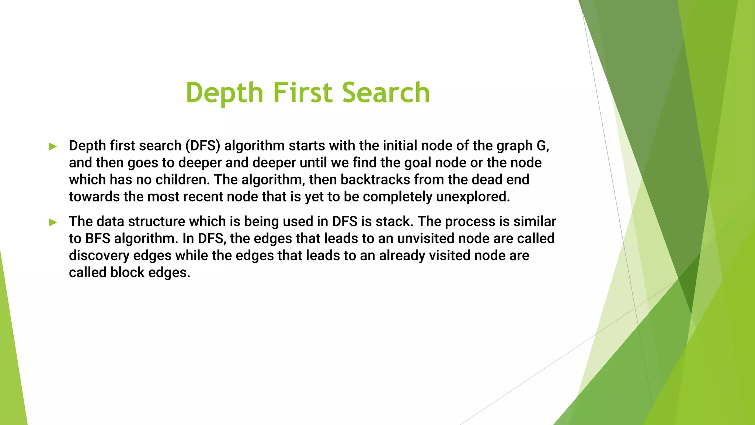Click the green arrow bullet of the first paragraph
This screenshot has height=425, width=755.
click(53, 147)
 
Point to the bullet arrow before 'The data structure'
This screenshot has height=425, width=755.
click(53, 222)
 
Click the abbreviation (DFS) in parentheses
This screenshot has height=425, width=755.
click(202, 146)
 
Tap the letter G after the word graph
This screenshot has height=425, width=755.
click(541, 146)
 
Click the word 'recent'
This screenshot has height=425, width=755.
click(204, 197)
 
